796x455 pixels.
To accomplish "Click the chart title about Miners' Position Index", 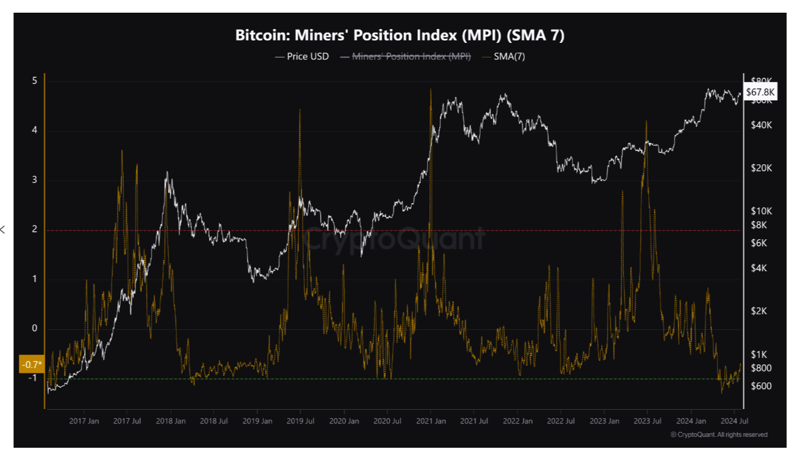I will pos(400,36).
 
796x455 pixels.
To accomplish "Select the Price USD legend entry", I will pos(303,57).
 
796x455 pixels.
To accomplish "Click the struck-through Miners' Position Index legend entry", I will pos(405,57).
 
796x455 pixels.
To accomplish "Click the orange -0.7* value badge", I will pos(32,364).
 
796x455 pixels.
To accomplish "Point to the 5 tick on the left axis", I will pos(34,81).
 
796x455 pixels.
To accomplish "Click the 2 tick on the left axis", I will pos(34,230).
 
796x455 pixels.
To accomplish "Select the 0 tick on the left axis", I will pos(34,329).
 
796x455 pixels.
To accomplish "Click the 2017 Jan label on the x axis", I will pos(85,421).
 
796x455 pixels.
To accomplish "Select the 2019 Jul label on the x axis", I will pos(301,421).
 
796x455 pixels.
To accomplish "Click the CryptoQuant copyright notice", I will pos(719,434).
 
